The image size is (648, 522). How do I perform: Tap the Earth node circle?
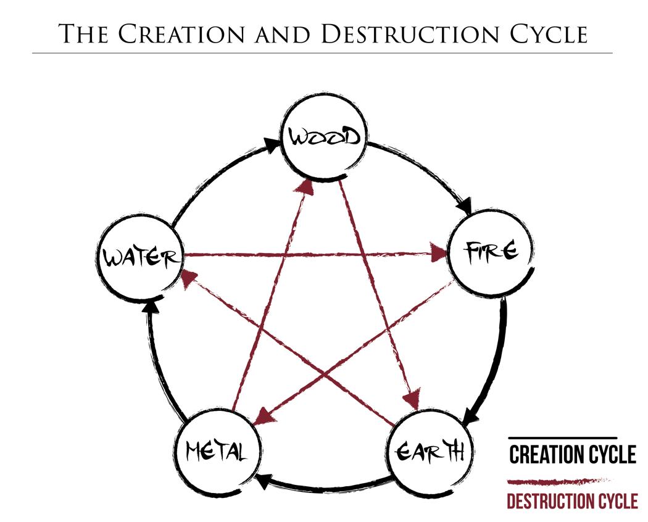[x=428, y=454]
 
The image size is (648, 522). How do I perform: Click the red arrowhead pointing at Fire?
[x=439, y=253]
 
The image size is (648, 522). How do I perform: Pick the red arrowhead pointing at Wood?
[x=304, y=187]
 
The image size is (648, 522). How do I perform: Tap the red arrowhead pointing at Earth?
[x=410, y=396]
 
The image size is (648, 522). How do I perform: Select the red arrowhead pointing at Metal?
[x=261, y=415]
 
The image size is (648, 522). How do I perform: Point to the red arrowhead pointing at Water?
[x=188, y=281]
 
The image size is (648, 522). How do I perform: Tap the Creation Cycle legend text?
[x=572, y=455]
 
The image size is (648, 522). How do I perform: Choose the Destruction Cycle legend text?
[x=572, y=501]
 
